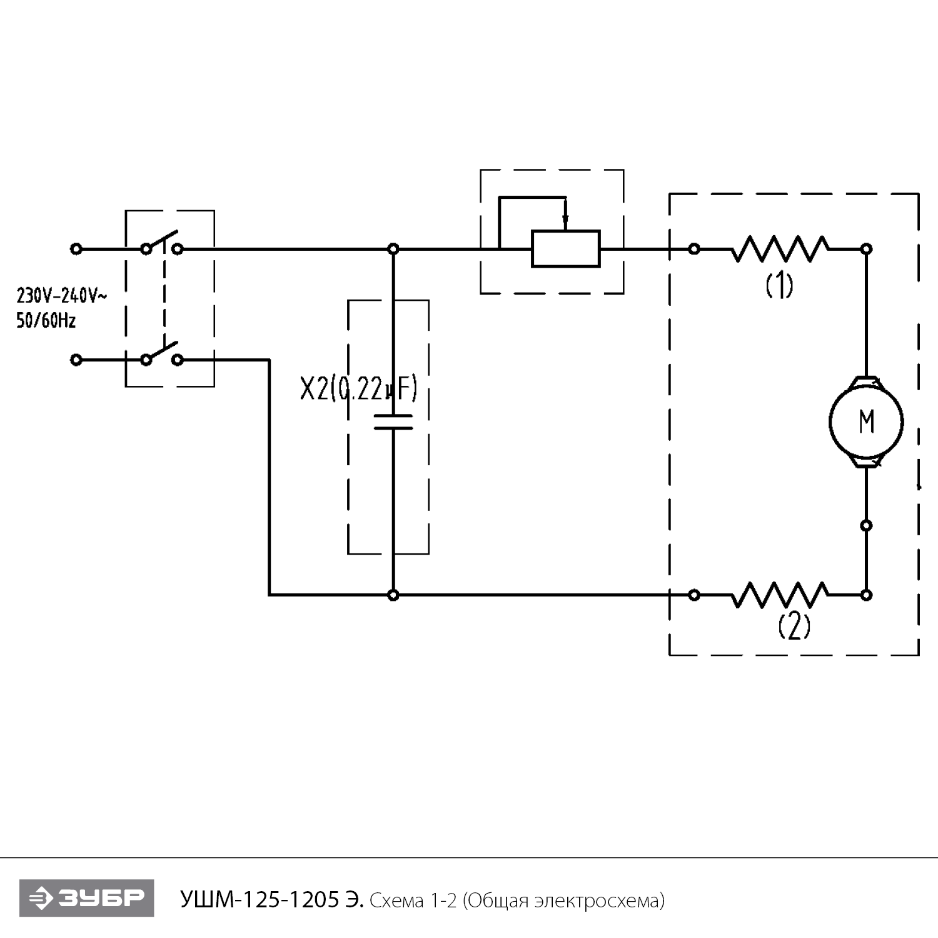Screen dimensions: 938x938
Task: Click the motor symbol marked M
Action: click(866, 421)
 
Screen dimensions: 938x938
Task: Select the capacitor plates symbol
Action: click(393, 422)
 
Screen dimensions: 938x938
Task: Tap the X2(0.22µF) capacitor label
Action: click(358, 390)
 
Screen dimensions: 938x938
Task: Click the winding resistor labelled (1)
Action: click(780, 248)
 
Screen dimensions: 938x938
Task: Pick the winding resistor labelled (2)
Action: click(780, 595)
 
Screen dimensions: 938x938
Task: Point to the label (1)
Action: click(780, 286)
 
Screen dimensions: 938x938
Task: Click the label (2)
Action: click(794, 626)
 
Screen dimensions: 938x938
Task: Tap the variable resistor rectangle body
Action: click(565, 249)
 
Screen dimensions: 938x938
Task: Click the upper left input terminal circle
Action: click(76, 249)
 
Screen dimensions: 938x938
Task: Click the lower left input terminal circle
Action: click(76, 360)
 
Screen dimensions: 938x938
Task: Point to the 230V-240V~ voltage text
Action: click(61, 295)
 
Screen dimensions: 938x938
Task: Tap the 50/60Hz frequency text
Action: click(46, 321)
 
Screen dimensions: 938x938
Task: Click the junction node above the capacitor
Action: click(393, 249)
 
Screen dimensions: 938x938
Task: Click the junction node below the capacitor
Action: click(393, 595)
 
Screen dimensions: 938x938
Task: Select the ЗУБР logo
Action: click(86, 899)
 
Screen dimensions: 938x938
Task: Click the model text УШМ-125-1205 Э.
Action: click(271, 900)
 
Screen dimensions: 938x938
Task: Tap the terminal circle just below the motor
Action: click(866, 525)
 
